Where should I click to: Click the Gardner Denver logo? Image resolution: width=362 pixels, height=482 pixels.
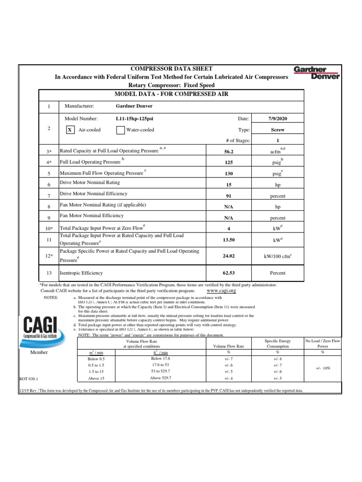coord(316,73)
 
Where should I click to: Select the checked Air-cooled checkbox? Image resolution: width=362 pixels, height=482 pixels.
coord(69,129)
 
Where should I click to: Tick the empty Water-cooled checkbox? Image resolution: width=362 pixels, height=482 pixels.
coord(120,129)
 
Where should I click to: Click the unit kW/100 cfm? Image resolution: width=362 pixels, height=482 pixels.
coord(278,256)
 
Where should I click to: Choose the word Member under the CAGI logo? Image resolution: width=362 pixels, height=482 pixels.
coord(40,352)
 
